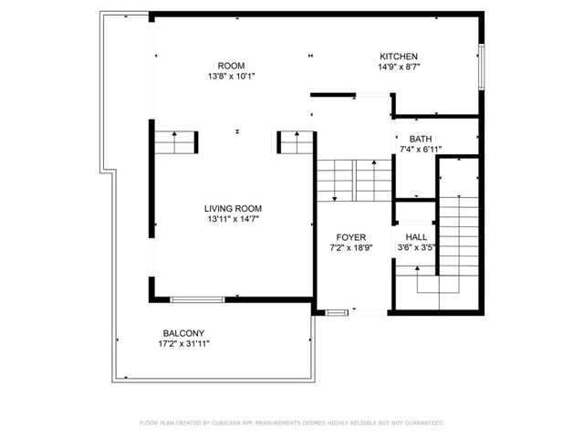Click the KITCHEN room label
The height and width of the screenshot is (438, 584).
[399, 57]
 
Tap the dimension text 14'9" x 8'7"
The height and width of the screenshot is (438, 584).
[400, 67]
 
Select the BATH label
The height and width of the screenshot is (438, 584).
[421, 139]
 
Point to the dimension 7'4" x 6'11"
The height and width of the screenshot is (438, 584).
[421, 150]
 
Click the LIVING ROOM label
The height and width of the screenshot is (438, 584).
[233, 209]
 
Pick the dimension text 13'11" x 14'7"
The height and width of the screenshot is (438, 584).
[234, 219]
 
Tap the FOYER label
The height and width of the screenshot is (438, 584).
[350, 237]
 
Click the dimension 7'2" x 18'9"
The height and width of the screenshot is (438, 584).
[351, 247]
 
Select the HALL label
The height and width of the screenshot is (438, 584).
[416, 237]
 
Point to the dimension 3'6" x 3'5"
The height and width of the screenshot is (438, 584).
[416, 247]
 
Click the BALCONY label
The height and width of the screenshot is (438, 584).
[183, 333]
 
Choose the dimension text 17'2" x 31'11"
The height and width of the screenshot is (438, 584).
[184, 344]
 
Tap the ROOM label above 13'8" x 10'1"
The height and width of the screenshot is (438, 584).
[231, 66]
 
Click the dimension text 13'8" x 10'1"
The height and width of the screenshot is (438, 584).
[231, 77]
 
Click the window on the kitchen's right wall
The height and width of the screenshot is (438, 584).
[481, 67]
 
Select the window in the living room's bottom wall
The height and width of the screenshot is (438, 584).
[197, 299]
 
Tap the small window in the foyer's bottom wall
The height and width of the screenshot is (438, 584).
[337, 312]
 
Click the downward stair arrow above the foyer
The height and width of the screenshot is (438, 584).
[335, 181]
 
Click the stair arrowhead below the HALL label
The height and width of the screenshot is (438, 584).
[417, 267]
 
